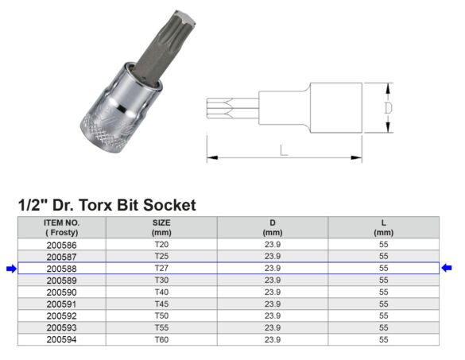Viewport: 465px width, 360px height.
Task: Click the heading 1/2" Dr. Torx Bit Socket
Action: click(107, 205)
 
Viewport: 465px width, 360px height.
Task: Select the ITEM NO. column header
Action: click(61, 227)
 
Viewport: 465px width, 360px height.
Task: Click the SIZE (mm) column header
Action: click(161, 227)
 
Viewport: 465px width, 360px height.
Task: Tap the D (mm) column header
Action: click(273, 227)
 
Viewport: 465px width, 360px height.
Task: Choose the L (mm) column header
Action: click(384, 227)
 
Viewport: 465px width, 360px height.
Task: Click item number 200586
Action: click(61, 246)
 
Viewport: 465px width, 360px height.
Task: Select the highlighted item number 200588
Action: click(61, 269)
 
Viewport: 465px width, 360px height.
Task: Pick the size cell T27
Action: click(161, 269)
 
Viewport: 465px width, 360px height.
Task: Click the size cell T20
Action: click(161, 246)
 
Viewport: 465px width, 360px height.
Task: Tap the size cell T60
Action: click(161, 339)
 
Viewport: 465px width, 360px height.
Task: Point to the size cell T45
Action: click(161, 304)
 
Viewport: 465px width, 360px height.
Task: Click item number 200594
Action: click(61, 339)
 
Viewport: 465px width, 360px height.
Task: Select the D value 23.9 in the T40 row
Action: click(273, 292)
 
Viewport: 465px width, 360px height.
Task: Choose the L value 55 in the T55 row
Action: click(384, 327)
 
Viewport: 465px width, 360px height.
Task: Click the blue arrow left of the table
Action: click(10, 269)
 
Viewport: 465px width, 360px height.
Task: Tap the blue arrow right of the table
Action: click(447, 269)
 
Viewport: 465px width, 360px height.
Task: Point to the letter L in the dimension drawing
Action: click(284, 149)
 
